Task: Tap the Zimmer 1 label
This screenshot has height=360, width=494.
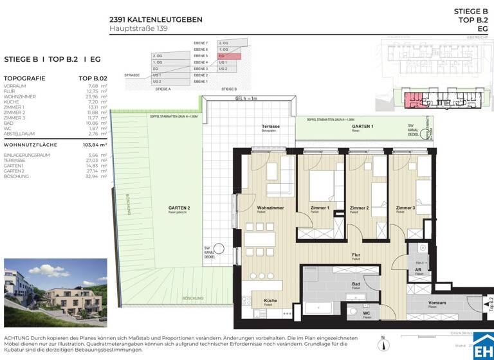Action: pos(319,208)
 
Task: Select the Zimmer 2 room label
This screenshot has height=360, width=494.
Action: pos(359,208)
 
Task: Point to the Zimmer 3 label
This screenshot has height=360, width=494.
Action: pos(405,208)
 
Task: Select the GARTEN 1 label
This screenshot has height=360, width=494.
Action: pos(362,127)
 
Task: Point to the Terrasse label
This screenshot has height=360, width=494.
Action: pos(270,127)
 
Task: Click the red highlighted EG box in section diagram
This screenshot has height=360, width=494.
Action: pos(229,56)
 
